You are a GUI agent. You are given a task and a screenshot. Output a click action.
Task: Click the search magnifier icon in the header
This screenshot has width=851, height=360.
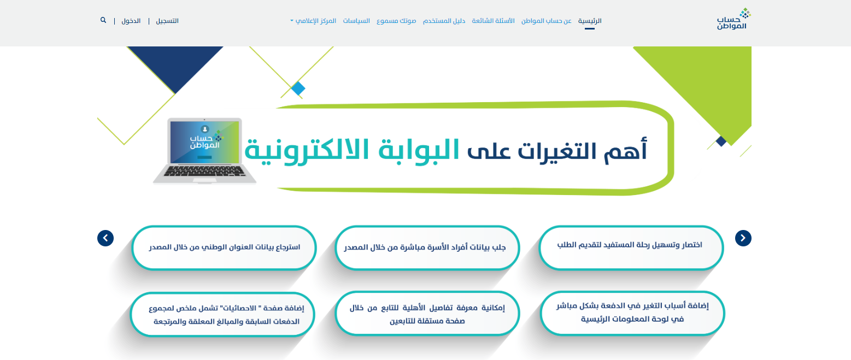tap(103, 20)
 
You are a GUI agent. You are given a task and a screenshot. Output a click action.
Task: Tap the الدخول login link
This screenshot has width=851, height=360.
tap(131, 21)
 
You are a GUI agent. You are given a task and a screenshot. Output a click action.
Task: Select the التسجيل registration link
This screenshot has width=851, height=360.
tap(167, 21)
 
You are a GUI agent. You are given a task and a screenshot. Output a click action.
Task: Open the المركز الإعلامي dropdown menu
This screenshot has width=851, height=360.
tap(313, 21)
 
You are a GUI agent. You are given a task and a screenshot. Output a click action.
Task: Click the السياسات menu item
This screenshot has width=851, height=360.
tap(356, 21)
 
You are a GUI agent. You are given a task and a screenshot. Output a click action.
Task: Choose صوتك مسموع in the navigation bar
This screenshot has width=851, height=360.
tap(396, 21)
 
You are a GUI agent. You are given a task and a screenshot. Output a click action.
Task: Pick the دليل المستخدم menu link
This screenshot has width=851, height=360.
tap(444, 21)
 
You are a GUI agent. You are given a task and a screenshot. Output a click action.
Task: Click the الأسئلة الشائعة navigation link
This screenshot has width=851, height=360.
tap(493, 21)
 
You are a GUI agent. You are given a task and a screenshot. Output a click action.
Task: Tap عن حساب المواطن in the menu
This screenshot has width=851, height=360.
tap(547, 21)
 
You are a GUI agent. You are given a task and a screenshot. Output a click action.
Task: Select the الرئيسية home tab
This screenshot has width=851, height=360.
tap(590, 21)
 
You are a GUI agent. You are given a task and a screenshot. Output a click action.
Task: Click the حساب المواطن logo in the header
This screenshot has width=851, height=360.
tap(733, 19)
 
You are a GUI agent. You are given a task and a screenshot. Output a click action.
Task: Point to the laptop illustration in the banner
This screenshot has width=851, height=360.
tap(204, 151)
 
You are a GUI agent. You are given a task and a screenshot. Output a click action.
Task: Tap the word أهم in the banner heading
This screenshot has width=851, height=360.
tap(625, 150)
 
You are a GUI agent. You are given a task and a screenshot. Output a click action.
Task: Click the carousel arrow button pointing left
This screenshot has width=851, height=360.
tap(105, 238)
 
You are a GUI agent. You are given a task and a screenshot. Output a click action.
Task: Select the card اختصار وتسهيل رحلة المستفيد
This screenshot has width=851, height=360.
tap(631, 247)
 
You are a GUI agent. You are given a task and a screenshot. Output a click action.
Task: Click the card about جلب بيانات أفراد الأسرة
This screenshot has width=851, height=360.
tap(427, 247)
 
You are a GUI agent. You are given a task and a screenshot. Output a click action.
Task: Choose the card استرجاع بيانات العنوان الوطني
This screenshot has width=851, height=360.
tap(224, 247)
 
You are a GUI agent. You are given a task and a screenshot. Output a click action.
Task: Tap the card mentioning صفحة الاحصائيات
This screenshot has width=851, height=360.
tap(222, 314)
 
